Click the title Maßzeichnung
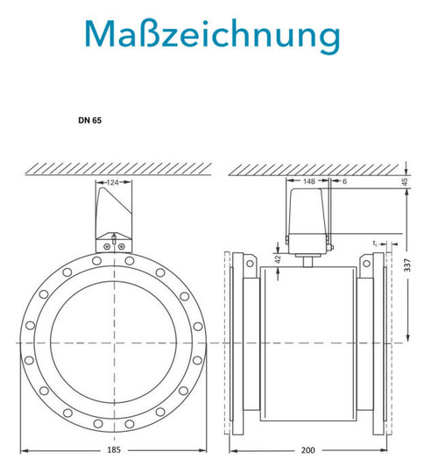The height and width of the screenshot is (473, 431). coord(213,35)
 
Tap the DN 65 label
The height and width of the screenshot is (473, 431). coord(89,120)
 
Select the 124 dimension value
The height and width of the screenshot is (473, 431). coord(113,182)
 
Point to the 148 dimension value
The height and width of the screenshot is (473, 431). coord(309,181)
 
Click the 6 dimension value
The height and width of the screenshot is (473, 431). coord(344,181)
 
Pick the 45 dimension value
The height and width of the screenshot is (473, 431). coord(405,181)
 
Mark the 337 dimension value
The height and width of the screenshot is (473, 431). coord(407,265)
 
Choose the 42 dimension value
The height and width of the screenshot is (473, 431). coord(278,259)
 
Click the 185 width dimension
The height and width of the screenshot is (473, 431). coord(114,449)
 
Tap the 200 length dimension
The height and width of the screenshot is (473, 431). coord(307,450)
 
